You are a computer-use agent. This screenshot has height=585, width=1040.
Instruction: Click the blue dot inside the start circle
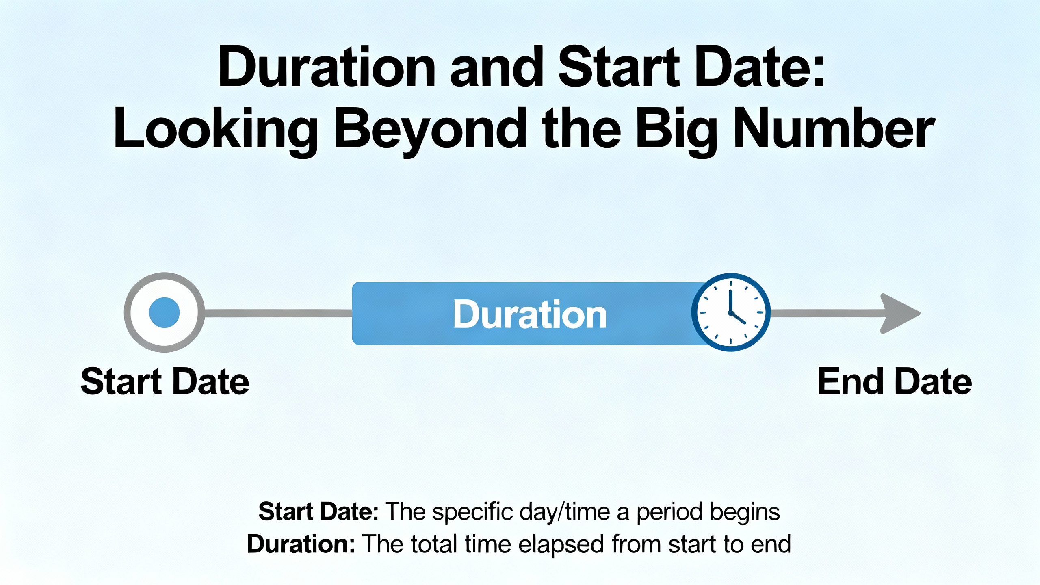[164, 312]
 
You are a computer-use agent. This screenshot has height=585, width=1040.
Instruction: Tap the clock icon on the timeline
[731, 312]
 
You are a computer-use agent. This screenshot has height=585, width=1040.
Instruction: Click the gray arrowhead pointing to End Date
[900, 313]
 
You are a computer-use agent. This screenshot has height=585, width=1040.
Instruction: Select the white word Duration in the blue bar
[530, 314]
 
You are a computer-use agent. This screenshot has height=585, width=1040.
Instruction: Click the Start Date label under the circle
[165, 381]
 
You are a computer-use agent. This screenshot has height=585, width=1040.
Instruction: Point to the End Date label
[895, 381]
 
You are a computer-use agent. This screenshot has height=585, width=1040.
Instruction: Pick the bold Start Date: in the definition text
[319, 511]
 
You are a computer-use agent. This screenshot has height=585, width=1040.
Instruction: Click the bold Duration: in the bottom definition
[301, 544]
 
